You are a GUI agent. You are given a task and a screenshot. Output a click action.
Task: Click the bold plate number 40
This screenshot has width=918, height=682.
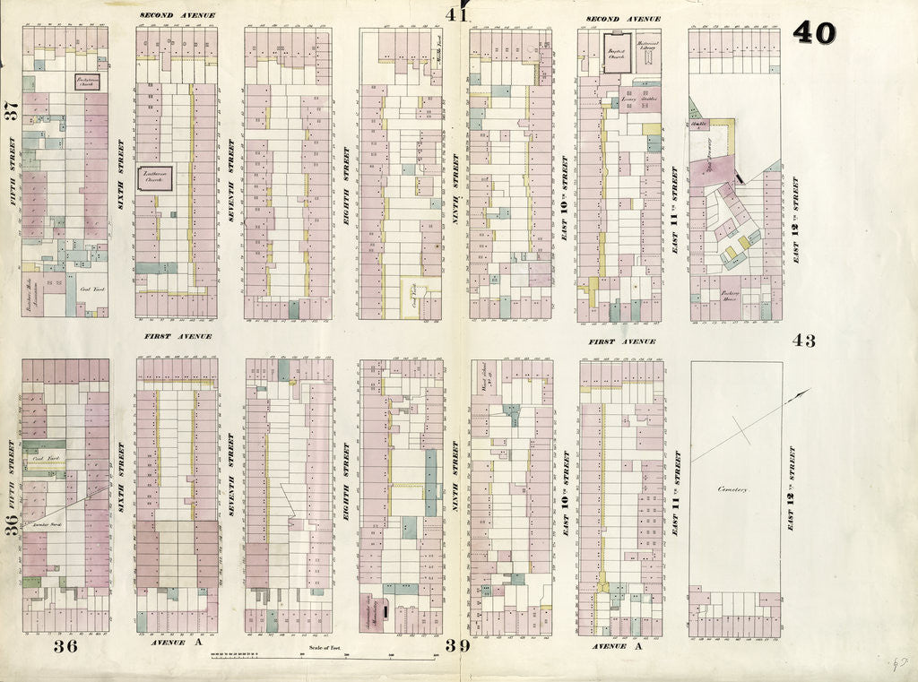(x=814, y=33)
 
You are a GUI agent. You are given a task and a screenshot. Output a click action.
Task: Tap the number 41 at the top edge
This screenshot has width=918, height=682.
(x=457, y=14)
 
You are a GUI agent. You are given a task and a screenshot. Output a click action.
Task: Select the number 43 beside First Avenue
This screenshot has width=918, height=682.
(x=803, y=341)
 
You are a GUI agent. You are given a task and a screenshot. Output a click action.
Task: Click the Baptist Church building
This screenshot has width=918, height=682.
(x=617, y=49)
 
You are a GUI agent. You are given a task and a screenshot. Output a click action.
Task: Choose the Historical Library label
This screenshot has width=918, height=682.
(x=648, y=45)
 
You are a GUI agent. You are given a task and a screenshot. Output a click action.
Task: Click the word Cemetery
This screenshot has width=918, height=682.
(x=732, y=489)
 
